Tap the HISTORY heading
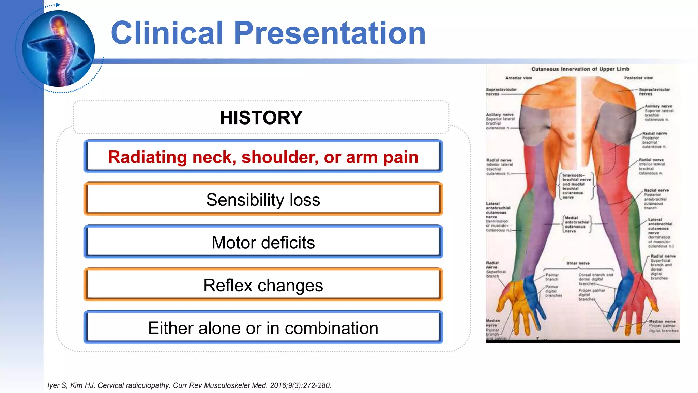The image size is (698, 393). click(261, 118)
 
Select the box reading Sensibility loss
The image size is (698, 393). click(263, 200)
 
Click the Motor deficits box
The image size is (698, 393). click(263, 242)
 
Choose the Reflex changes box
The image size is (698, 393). click(263, 285)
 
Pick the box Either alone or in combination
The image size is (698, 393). click(263, 328)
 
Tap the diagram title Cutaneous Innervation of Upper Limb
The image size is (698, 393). click(580, 69)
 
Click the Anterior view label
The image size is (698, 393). click(518, 78)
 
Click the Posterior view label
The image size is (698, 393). click(638, 78)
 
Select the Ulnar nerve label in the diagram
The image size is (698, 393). click(578, 263)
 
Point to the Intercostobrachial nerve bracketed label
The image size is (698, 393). click(576, 186)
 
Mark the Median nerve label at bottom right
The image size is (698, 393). click(662, 322)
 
